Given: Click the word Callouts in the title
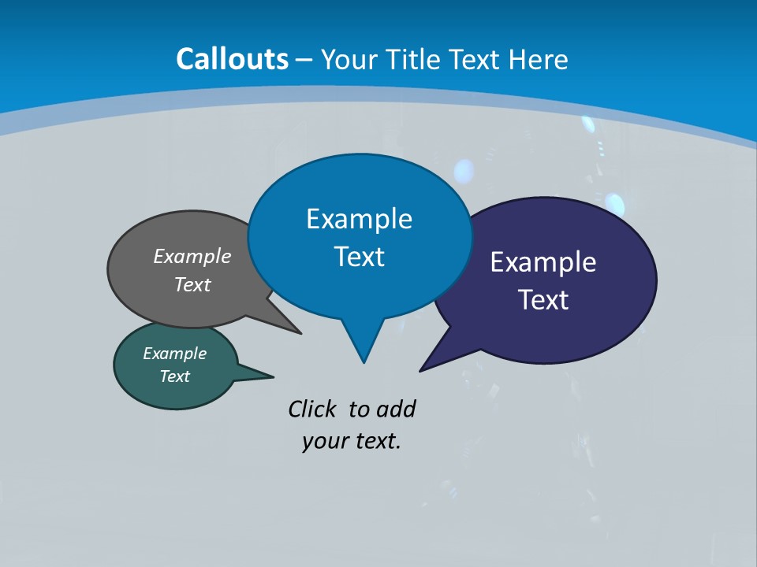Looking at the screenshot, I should point(233,59).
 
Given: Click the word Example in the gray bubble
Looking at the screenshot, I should point(192,256).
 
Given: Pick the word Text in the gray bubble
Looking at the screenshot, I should point(192,284).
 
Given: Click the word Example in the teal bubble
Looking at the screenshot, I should point(174,354).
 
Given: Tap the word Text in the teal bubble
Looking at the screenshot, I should point(174,376).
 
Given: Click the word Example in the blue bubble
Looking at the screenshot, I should point(359,218).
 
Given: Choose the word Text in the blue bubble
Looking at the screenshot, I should point(359,257).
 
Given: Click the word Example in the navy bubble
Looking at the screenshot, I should point(543,261).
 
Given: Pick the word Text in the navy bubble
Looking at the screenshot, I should point(543,300).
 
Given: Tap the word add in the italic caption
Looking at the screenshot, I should point(396,409).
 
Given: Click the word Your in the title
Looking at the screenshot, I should point(350,59).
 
